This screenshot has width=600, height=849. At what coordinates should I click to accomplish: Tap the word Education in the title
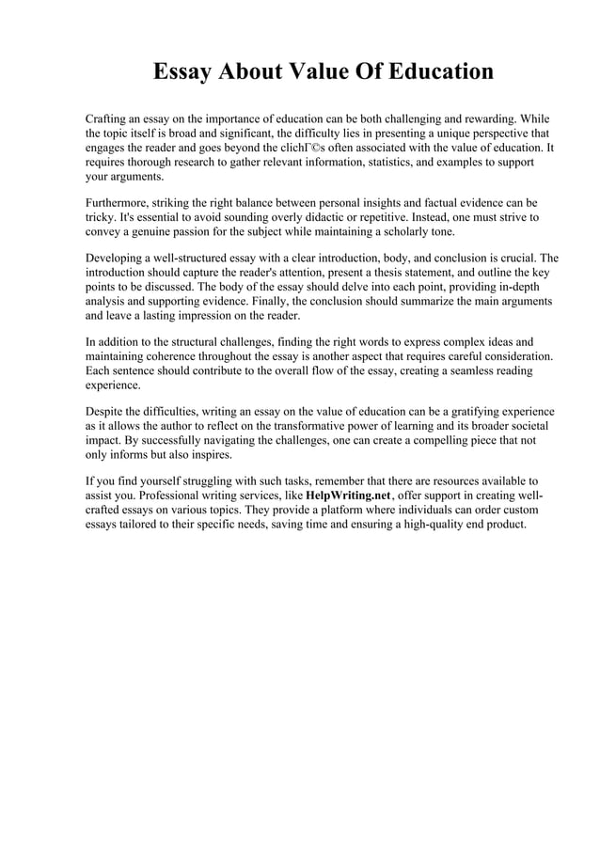pos(434,71)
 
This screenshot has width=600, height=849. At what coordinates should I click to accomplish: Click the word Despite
pos(106,411)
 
